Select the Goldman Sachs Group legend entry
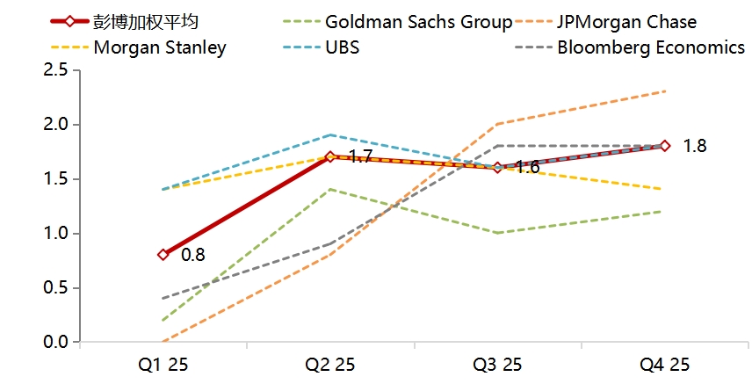417,21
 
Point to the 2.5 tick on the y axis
56,70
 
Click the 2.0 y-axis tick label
56,125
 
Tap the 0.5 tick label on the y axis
56,287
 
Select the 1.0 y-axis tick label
56,234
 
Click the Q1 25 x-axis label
163,364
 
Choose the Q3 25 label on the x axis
497,364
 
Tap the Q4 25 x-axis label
665,364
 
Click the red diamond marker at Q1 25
163,255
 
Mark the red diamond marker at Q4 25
665,146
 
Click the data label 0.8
193,255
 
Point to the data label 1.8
695,146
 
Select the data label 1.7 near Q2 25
361,157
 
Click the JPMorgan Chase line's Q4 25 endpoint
665,91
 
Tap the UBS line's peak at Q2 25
330,134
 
